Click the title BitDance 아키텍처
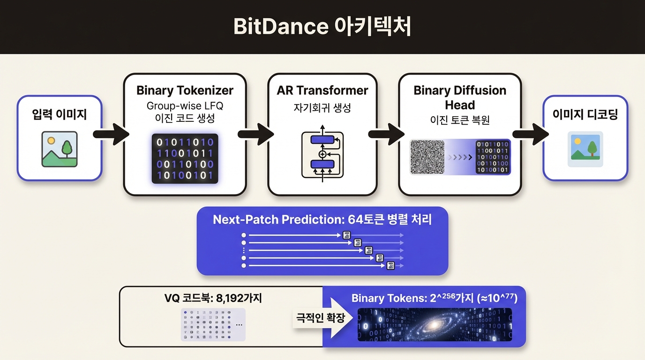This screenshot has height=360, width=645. pyautogui.click(x=322, y=27)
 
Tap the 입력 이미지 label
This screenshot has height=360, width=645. pyautogui.click(x=60, y=114)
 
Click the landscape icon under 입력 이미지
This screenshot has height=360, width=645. pyautogui.click(x=60, y=150)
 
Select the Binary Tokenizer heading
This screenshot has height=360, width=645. pyautogui.click(x=185, y=90)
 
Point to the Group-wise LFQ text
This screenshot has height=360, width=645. pyautogui.click(x=185, y=105)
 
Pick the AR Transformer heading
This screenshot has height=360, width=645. pyautogui.click(x=322, y=90)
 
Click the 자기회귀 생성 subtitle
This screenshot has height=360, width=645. pyautogui.click(x=322, y=108)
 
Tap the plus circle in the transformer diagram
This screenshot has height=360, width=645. pyautogui.click(x=322, y=154)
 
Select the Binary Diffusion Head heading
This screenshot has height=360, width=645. pyautogui.click(x=460, y=97)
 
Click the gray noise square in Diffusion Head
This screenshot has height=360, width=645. pyautogui.click(x=427, y=157)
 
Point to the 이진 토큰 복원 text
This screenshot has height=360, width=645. pyautogui.click(x=460, y=120)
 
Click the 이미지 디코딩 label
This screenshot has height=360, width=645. pyautogui.click(x=585, y=114)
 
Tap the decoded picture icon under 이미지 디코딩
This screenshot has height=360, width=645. pyautogui.click(x=585, y=149)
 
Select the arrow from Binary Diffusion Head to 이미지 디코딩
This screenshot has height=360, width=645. pyautogui.click(x=531, y=135)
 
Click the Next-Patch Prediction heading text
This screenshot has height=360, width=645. pyautogui.click(x=322, y=220)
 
